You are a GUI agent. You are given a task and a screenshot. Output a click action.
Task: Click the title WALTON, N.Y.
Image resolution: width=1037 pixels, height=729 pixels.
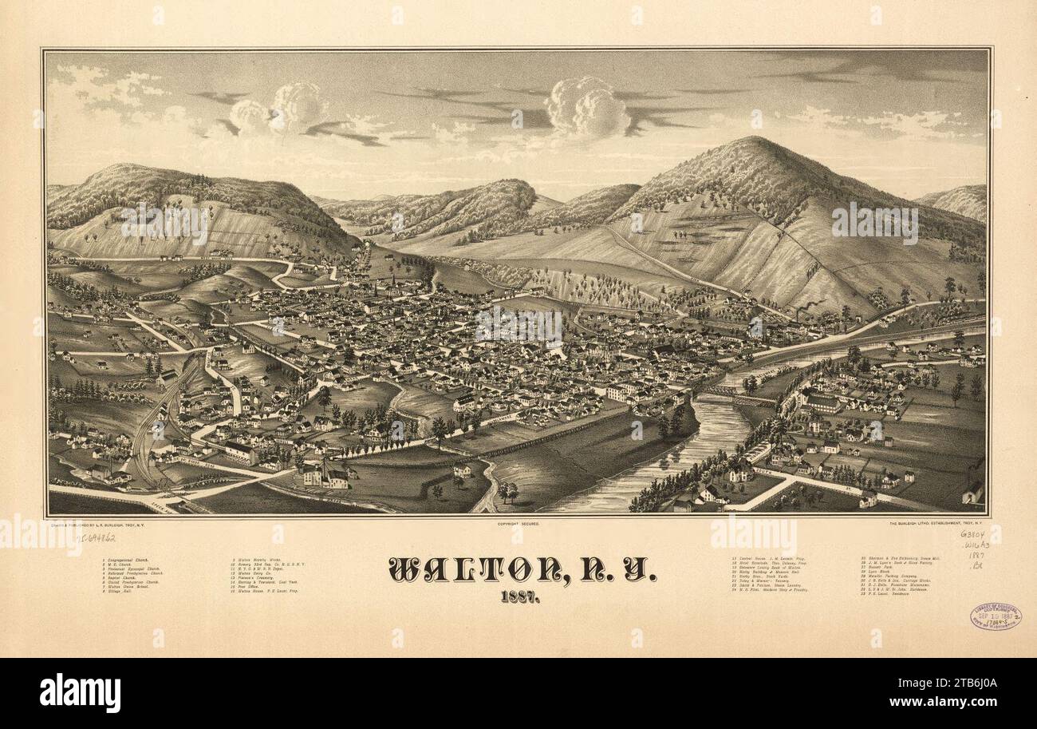coord(522,568)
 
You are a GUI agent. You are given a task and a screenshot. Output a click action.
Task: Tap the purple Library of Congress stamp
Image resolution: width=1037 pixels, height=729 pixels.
coord(995,616)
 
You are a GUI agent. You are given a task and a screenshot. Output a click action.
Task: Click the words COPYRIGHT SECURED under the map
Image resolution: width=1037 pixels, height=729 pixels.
coord(518,524)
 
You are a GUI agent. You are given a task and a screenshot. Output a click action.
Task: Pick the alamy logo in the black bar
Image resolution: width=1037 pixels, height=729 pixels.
coord(80,691)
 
